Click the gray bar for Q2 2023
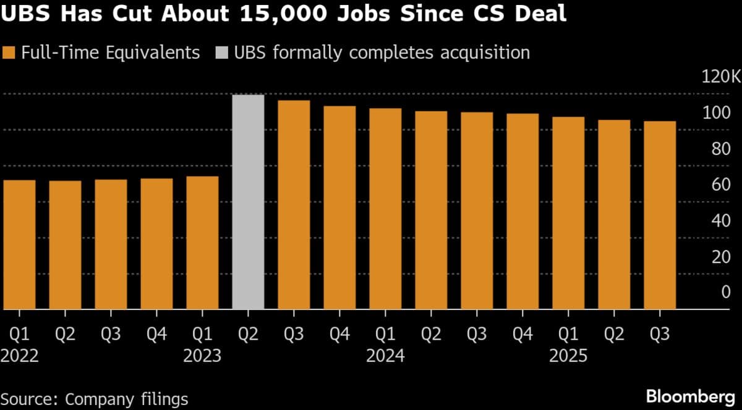coord(248,202)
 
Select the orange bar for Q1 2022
coord(19,245)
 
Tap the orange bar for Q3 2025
coord(660,215)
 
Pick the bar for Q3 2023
coord(294,204)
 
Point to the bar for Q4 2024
coord(522,211)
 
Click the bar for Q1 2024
coord(385,209)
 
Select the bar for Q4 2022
coord(156,244)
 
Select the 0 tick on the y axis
coord(726,292)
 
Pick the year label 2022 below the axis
coord(19,356)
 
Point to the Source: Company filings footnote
coord(95,398)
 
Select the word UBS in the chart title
coord(26,14)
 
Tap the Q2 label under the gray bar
coord(248,334)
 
